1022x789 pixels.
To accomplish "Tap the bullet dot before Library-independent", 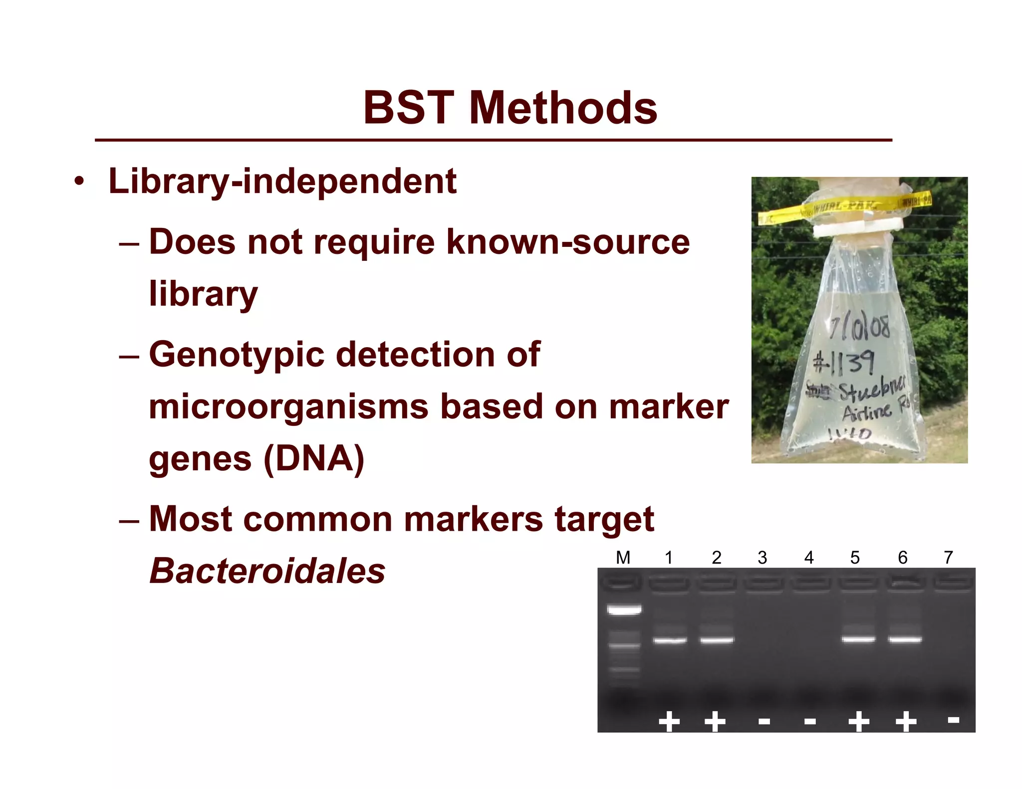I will coord(79,182).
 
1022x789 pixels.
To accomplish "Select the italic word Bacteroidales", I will coord(267,571).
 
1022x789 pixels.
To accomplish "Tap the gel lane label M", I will coord(623,557).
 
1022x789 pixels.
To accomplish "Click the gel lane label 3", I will coord(762,557).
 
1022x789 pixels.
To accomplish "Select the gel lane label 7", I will coord(948,557).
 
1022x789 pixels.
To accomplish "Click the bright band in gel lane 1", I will coord(670,640).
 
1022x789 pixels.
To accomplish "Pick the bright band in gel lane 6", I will coord(905,639).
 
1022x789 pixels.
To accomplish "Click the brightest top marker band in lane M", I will coord(624,609).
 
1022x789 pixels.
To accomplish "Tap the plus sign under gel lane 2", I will coord(715,721).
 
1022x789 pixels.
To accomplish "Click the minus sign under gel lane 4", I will coord(810,721).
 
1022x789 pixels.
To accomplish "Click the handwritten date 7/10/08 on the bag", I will coord(859,327).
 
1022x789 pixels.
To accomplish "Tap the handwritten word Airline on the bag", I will coord(867,412).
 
